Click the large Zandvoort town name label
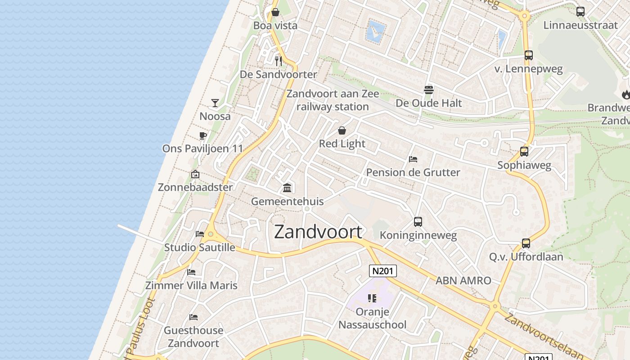(318, 232)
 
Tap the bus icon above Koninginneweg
(418, 221)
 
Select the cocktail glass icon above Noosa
(215, 103)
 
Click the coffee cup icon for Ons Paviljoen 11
(203, 135)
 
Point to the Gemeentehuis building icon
(287, 188)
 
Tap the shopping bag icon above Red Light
(342, 130)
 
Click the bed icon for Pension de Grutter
(413, 159)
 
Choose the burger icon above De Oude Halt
(429, 90)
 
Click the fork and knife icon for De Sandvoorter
(279, 61)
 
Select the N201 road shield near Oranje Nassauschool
(383, 270)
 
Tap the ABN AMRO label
(463, 281)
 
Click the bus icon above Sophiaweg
(524, 152)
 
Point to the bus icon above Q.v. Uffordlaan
(526, 243)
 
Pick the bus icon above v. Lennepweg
(529, 55)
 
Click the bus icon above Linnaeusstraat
(580, 12)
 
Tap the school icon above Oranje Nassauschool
(372, 298)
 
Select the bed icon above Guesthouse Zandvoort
(193, 317)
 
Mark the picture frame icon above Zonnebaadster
(195, 174)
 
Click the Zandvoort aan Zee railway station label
(333, 100)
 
